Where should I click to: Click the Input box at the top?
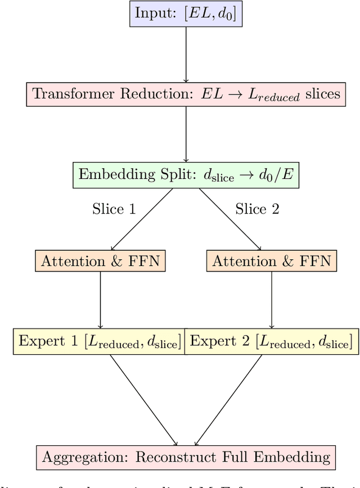point(186,15)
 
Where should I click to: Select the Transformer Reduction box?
point(186,93)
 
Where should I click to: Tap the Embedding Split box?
point(186,175)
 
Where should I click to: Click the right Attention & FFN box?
point(271,261)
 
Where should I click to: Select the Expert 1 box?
point(99,341)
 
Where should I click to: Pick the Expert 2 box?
point(272,341)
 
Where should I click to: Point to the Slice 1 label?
point(114,209)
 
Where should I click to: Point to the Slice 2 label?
point(257,209)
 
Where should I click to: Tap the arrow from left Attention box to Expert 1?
point(101,301)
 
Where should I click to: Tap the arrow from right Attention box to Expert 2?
point(272,301)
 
